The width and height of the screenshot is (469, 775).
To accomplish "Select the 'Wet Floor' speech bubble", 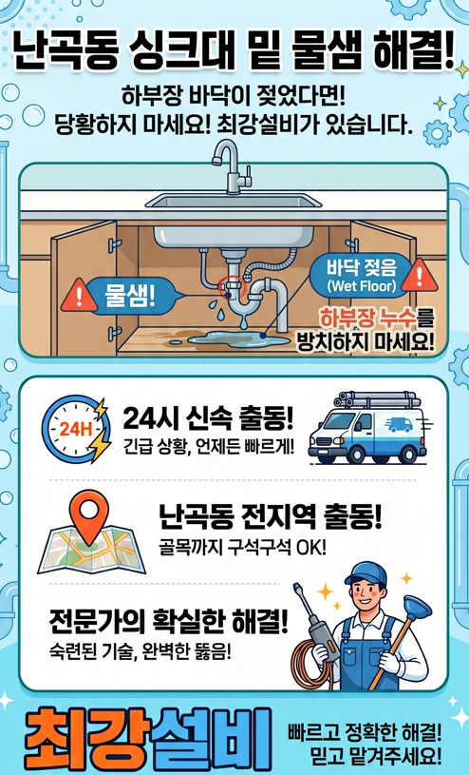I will pos(360,274).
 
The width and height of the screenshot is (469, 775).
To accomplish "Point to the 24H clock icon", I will pos(75,429).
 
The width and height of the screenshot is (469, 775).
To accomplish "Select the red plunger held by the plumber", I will pos(404,617).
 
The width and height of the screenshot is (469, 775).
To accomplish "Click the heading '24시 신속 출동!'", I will pos(208,417).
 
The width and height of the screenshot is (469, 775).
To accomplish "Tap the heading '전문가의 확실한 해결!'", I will pos(169,622).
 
